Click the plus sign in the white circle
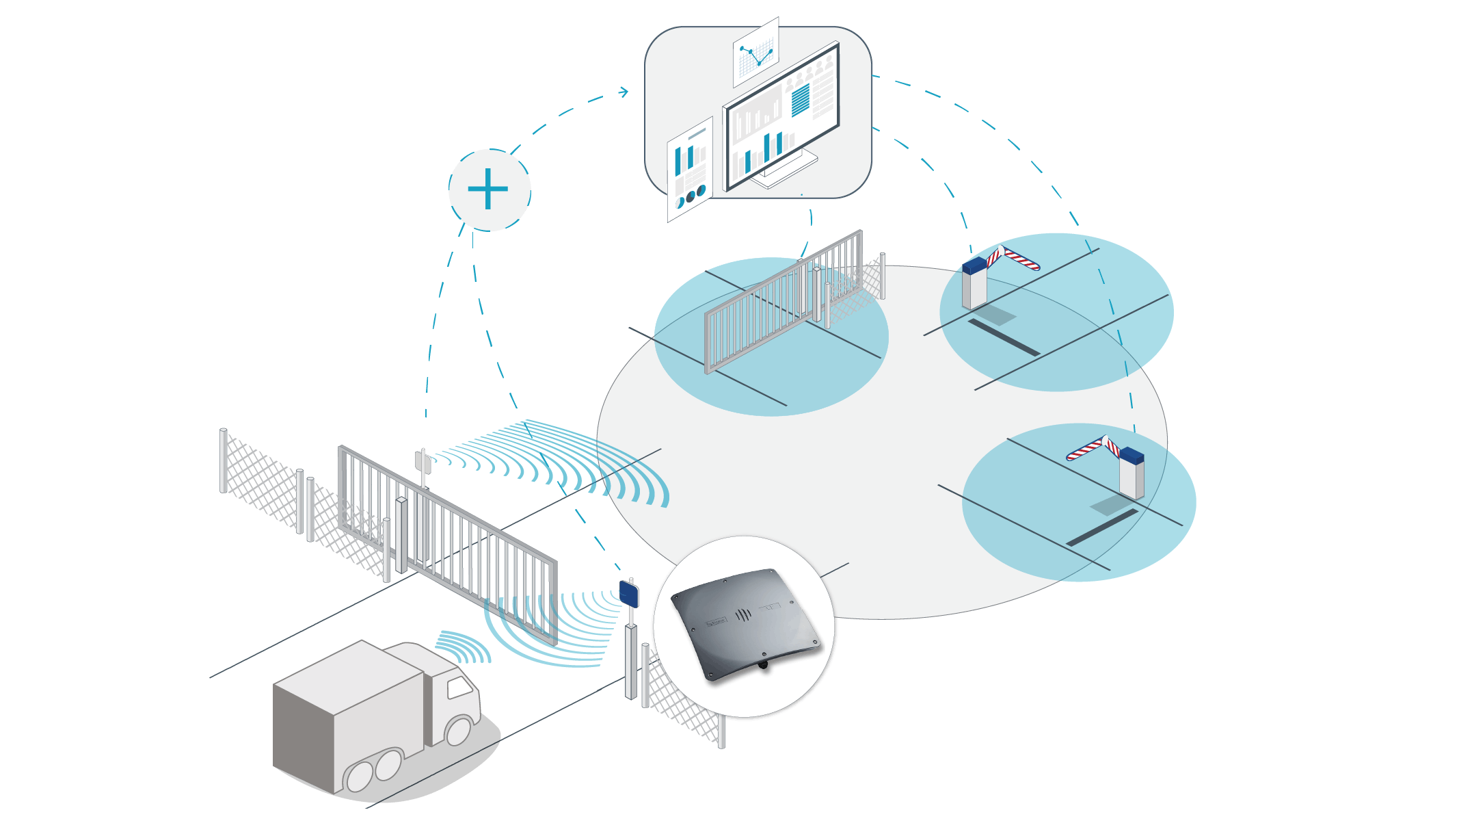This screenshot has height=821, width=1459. coord(488,189)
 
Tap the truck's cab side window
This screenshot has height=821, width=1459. coord(459,687)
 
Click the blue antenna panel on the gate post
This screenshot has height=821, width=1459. coord(629,592)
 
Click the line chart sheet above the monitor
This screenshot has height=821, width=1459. coord(756,53)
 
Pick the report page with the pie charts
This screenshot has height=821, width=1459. coord(689,170)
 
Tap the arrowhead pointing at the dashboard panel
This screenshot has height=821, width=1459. coord(624,91)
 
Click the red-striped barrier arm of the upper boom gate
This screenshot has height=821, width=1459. coord(1015,258)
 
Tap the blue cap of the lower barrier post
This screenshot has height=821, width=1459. coord(1132,454)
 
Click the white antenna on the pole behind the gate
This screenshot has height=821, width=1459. coord(423,463)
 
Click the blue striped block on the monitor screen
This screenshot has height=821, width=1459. coord(800,100)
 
